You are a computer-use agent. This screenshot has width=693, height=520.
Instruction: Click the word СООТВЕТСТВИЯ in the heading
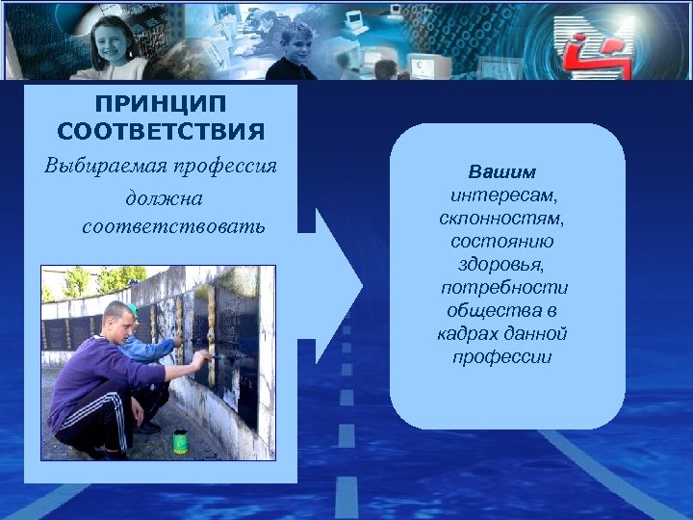click(160, 130)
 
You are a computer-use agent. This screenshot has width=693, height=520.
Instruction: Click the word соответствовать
click(173, 228)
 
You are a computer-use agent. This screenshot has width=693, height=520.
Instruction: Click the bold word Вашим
click(501, 173)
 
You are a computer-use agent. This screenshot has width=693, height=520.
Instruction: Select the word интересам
click(506, 196)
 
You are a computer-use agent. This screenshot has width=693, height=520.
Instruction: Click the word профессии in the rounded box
click(501, 357)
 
